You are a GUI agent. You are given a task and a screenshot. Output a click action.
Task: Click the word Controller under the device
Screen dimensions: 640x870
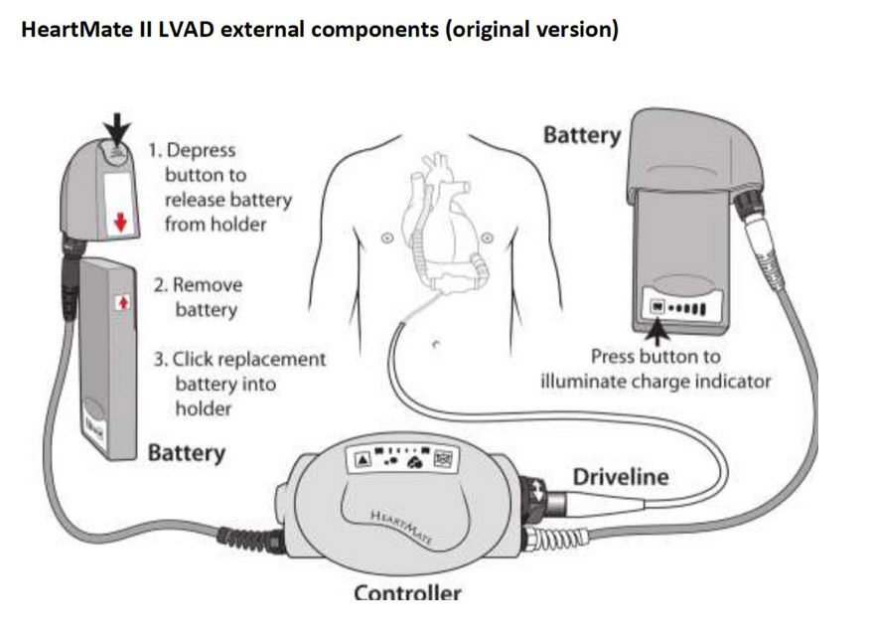407,593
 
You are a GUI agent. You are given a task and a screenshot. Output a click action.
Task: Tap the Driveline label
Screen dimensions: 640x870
620,477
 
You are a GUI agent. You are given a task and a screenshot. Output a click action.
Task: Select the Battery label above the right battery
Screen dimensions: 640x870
581,134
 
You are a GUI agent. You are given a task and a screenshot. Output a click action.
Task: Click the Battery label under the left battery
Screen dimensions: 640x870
186,453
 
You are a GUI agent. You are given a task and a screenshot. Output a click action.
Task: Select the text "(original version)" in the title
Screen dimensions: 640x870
532,29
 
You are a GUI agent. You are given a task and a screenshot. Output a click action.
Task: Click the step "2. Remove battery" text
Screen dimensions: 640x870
198,297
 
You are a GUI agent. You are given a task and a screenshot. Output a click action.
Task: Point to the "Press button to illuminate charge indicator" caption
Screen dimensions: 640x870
654,369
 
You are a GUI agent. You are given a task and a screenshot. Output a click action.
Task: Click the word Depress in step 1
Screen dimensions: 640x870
201,151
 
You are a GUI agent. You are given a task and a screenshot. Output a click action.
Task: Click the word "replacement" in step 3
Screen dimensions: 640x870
271,359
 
